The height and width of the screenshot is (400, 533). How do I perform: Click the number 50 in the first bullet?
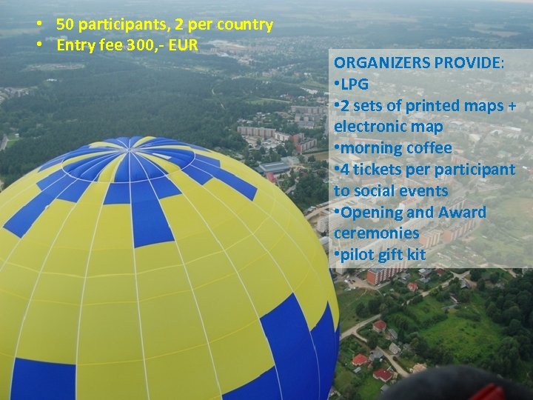pos(64,24)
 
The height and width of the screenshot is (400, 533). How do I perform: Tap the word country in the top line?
pos(244,24)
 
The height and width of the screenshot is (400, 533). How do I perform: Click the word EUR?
pos(182,45)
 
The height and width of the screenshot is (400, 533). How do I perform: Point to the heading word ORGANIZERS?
pos(381,63)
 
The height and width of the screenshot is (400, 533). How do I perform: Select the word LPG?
pos(354,84)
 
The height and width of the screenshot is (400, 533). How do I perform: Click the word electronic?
pos(367,127)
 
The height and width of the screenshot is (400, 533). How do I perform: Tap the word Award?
pos(462,213)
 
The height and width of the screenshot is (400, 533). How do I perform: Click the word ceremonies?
pos(376,233)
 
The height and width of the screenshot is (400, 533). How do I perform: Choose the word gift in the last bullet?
pos(386,256)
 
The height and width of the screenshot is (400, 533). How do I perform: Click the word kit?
pos(415,256)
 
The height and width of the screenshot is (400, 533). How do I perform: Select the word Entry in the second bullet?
pos(74,45)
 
